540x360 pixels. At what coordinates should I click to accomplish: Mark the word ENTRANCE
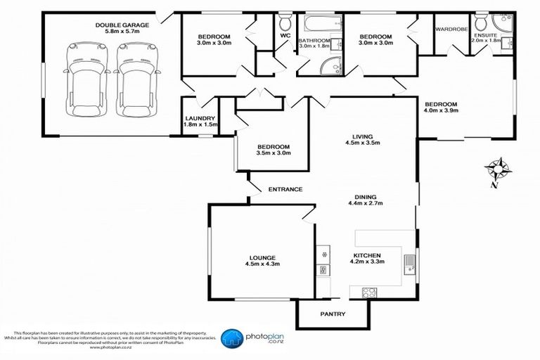(285, 189)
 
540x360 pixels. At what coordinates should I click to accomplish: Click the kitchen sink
(409, 266)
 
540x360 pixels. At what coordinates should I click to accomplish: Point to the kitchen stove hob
(369, 291)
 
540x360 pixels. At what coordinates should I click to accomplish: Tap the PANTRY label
(332, 314)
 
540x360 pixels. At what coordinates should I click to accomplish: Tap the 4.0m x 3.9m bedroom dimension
(441, 110)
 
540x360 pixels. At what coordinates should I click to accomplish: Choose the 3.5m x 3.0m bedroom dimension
(273, 155)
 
